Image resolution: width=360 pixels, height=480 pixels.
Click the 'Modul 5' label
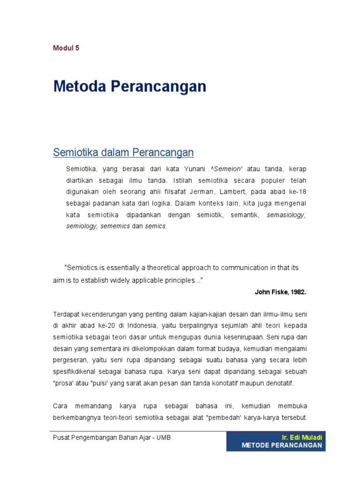66,48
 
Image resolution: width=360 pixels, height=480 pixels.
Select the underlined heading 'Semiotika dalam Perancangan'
123,152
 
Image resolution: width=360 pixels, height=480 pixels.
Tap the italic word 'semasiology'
286,215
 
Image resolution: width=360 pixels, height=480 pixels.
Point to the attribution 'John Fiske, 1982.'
280,292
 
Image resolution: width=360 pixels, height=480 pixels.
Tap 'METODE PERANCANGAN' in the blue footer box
282,445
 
